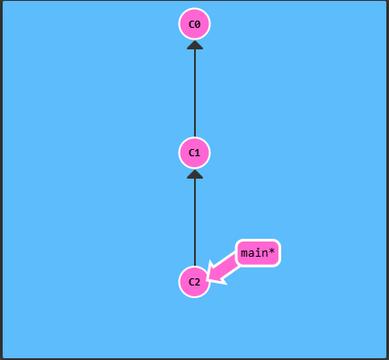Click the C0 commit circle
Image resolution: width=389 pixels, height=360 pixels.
(x=195, y=24)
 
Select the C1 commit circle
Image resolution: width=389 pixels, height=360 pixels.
(x=195, y=153)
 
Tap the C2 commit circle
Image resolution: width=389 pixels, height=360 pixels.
(x=195, y=282)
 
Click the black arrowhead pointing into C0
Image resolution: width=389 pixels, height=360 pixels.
(x=195, y=45)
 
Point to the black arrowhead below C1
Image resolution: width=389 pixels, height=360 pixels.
(x=195, y=174)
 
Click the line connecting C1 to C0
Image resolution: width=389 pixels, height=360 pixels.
(x=195, y=92)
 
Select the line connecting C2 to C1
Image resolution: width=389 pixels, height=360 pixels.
(x=195, y=222)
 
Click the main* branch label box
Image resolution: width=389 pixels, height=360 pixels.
(x=258, y=253)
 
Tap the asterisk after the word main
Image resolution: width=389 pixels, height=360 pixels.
(x=271, y=251)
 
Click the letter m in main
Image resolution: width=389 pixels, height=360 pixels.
(x=244, y=254)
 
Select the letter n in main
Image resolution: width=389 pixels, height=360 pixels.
(x=264, y=254)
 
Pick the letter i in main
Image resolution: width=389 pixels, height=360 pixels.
(x=258, y=253)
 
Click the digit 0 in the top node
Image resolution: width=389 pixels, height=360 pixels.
(x=198, y=24)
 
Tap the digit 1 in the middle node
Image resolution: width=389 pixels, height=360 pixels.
(x=198, y=154)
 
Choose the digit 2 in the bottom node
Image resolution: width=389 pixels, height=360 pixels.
(x=198, y=282)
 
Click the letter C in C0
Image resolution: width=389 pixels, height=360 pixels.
(x=191, y=24)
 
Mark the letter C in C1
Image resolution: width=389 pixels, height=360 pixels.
(x=191, y=154)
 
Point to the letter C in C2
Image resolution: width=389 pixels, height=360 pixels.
(x=191, y=282)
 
